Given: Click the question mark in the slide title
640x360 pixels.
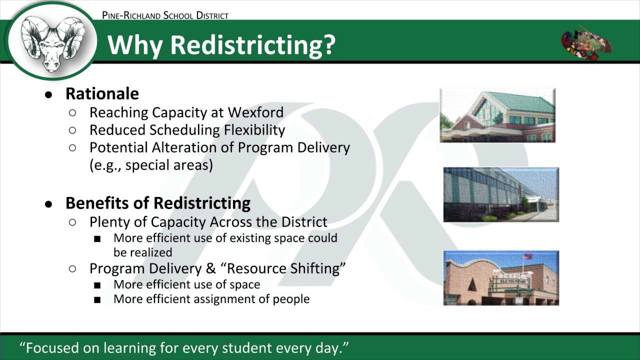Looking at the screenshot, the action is point(329,44).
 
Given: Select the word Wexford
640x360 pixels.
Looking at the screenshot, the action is point(255,112).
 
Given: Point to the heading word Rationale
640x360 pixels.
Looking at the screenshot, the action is point(102,93).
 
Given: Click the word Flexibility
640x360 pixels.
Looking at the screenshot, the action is point(254,130).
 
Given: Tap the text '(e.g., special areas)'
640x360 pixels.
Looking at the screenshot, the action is point(151,165).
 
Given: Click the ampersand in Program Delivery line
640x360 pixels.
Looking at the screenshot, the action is point(211,268).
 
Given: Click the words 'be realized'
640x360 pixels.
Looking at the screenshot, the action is point(143,252).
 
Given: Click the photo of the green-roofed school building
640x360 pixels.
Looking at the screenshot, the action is point(497,115).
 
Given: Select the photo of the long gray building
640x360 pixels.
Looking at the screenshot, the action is point(501,194).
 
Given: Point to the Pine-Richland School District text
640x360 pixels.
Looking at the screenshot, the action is point(165,15).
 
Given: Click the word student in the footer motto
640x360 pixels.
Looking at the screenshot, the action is point(246,348).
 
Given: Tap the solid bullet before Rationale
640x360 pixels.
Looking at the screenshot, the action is point(48,95).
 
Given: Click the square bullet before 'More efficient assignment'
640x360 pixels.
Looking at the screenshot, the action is point(97,299).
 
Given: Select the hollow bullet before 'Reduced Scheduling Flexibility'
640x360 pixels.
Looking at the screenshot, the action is point(72,130).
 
